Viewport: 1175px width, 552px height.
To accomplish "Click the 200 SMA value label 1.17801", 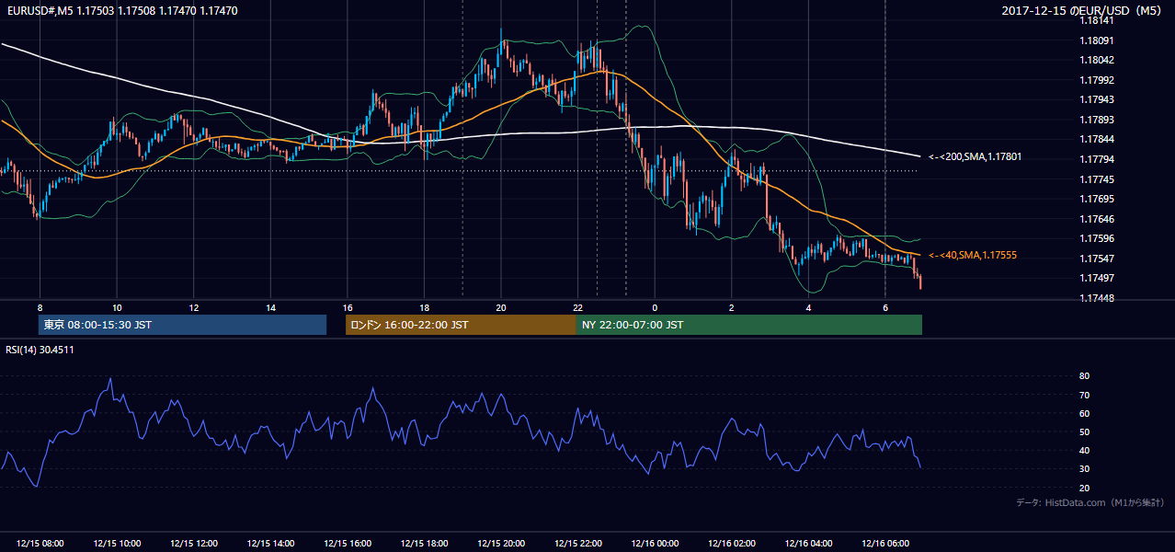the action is click(x=975, y=156).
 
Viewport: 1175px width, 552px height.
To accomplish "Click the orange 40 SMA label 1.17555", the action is click(x=973, y=255).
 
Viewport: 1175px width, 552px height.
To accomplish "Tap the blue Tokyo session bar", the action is click(x=183, y=325).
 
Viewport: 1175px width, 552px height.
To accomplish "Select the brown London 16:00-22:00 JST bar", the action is click(x=461, y=325).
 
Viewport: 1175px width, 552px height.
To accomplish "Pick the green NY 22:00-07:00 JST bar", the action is click(x=749, y=325).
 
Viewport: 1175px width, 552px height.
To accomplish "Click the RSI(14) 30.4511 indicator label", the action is click(x=40, y=350).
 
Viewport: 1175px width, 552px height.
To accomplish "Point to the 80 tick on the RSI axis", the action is click(x=1084, y=375).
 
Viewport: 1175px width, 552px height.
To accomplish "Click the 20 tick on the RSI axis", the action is click(x=1084, y=488).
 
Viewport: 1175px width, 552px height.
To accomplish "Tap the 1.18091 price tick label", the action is click(x=1096, y=40).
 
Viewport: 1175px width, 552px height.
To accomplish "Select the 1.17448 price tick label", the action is click(x=1096, y=298).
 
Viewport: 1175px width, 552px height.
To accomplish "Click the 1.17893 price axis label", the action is click(x=1096, y=120).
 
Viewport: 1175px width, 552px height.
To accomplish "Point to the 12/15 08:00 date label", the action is click(x=40, y=543).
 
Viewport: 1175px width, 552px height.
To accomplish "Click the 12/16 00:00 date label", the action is click(x=655, y=543).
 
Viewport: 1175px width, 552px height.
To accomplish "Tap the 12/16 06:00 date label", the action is click(x=885, y=543).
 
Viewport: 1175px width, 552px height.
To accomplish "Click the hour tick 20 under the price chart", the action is click(x=501, y=308).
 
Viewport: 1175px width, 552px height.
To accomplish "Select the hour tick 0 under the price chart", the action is click(x=655, y=308).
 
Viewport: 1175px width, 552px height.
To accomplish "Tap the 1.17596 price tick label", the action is click(x=1096, y=238).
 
